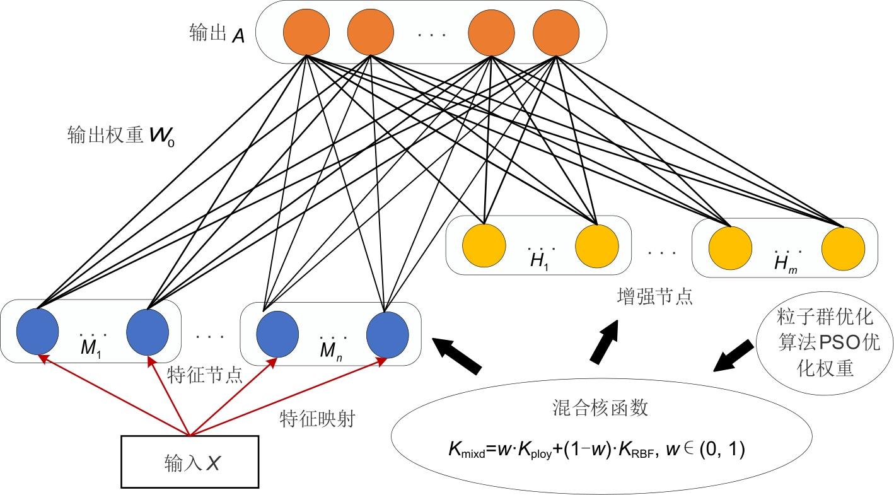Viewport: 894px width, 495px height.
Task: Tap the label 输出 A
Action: click(217, 34)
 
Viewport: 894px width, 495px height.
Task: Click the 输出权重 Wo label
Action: click(120, 137)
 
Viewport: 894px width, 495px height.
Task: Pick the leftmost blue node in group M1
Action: click(37, 331)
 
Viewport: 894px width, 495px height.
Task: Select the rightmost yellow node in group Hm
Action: click(843, 246)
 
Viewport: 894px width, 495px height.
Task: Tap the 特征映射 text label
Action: click(316, 418)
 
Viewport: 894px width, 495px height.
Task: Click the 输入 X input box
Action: click(190, 461)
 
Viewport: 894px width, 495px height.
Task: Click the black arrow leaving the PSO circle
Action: click(734, 356)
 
